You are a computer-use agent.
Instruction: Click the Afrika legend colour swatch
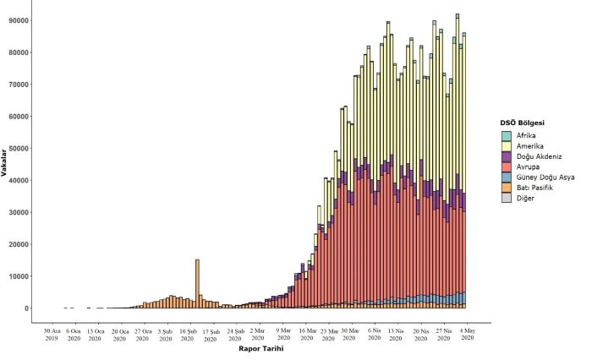[507, 135]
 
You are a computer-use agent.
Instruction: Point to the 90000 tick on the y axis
[19, 20]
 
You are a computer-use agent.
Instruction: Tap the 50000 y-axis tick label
[19, 148]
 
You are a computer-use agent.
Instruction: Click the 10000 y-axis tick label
[19, 276]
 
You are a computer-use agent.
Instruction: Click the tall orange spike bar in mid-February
[197, 283]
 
